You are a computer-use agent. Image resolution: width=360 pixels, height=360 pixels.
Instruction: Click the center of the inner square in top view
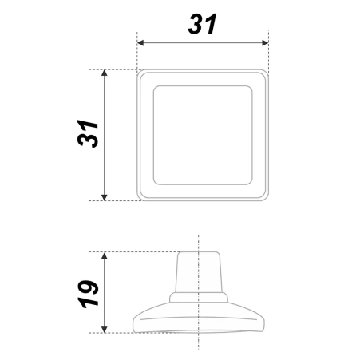coord(203,134)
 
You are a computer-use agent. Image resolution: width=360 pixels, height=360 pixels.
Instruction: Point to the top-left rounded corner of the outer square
coord(141,73)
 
